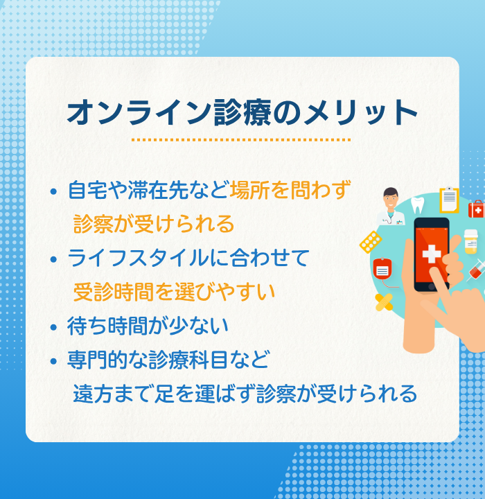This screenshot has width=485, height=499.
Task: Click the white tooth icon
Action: point(417,205)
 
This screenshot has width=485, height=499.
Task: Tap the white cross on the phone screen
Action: point(432,254)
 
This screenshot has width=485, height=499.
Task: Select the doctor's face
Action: point(391,199)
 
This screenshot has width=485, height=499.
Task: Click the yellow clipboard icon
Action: point(449,200)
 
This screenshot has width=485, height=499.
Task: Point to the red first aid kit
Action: point(477,209)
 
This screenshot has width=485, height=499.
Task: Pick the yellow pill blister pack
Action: point(371,242)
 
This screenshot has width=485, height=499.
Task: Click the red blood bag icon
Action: point(382,269)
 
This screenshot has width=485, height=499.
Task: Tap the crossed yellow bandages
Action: point(384,302)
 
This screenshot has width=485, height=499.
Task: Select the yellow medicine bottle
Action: point(471,242)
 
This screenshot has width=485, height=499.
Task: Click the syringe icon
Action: point(477,271)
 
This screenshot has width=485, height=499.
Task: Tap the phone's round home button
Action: point(432,287)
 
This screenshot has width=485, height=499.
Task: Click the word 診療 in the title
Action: point(242,112)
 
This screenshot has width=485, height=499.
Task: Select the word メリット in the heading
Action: point(360,112)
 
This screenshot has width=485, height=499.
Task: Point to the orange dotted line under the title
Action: point(241,140)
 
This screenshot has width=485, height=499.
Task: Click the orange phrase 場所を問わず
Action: point(290,190)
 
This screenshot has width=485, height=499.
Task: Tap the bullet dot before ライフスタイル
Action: point(53,259)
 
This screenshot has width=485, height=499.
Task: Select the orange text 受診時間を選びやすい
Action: point(174,292)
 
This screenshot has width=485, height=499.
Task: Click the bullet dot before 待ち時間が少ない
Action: point(53,327)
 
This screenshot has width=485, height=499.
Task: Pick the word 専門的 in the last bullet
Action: point(98,360)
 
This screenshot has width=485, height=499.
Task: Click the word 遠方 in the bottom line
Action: point(94,394)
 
